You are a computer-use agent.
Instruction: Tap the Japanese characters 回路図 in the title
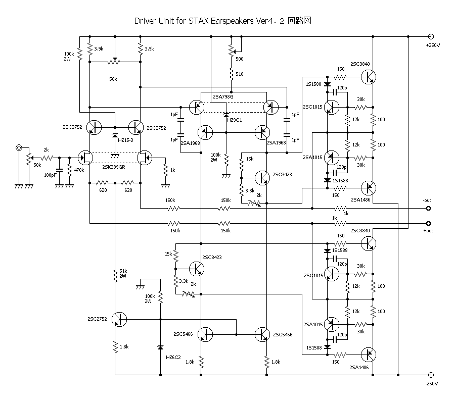pyautogui.click(x=299, y=21)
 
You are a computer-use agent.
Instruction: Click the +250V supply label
pyautogui.click(x=433, y=45)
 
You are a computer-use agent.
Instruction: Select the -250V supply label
pyautogui.click(x=433, y=384)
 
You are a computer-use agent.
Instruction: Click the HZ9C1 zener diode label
pyautogui.click(x=234, y=120)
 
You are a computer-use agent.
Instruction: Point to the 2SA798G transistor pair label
pyautogui.click(x=223, y=96)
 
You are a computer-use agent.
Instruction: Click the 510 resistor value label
pyautogui.click(x=239, y=74)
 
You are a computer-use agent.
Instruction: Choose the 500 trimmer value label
pyautogui.click(x=239, y=59)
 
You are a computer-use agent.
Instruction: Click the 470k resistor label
pyautogui.click(x=78, y=171)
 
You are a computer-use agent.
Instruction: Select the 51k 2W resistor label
pyautogui.click(x=123, y=273)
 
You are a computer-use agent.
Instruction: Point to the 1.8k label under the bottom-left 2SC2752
pyautogui.click(x=124, y=347)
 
